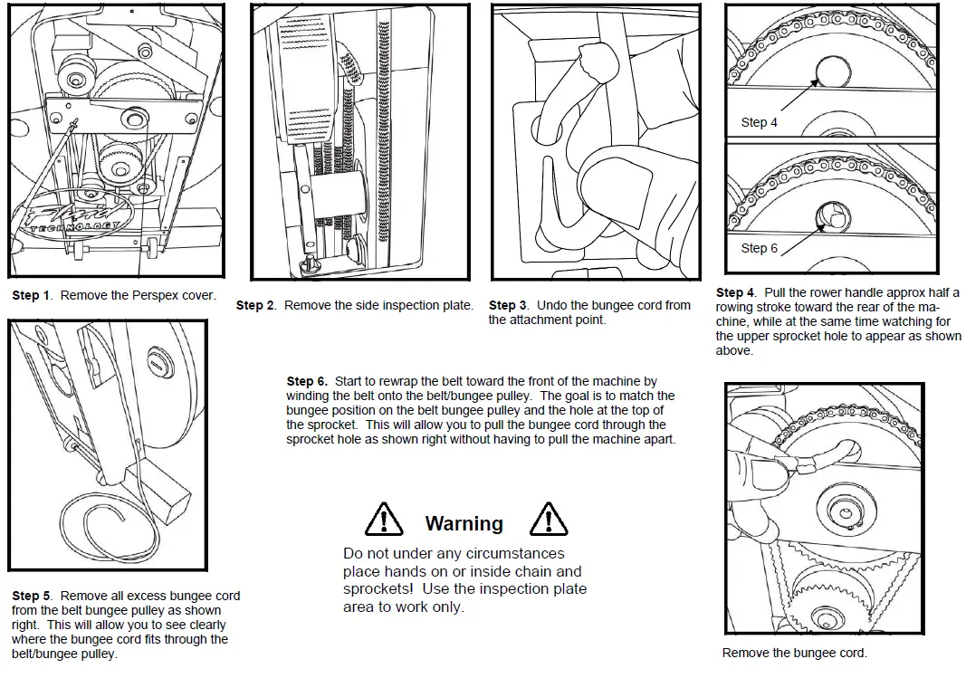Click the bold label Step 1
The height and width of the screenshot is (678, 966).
pos(25,296)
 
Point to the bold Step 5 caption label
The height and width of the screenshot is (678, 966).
pos(25,597)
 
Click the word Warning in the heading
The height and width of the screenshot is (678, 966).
pos(464,524)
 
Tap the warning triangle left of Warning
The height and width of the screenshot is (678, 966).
pos(384,520)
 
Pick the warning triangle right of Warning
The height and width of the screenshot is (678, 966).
pos(548,520)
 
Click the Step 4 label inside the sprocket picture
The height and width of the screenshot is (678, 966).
pos(759,122)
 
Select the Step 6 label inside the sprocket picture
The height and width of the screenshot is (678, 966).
pos(759,248)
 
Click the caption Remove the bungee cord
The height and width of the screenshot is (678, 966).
pos(794,653)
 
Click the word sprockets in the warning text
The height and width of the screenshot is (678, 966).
pos(373,589)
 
